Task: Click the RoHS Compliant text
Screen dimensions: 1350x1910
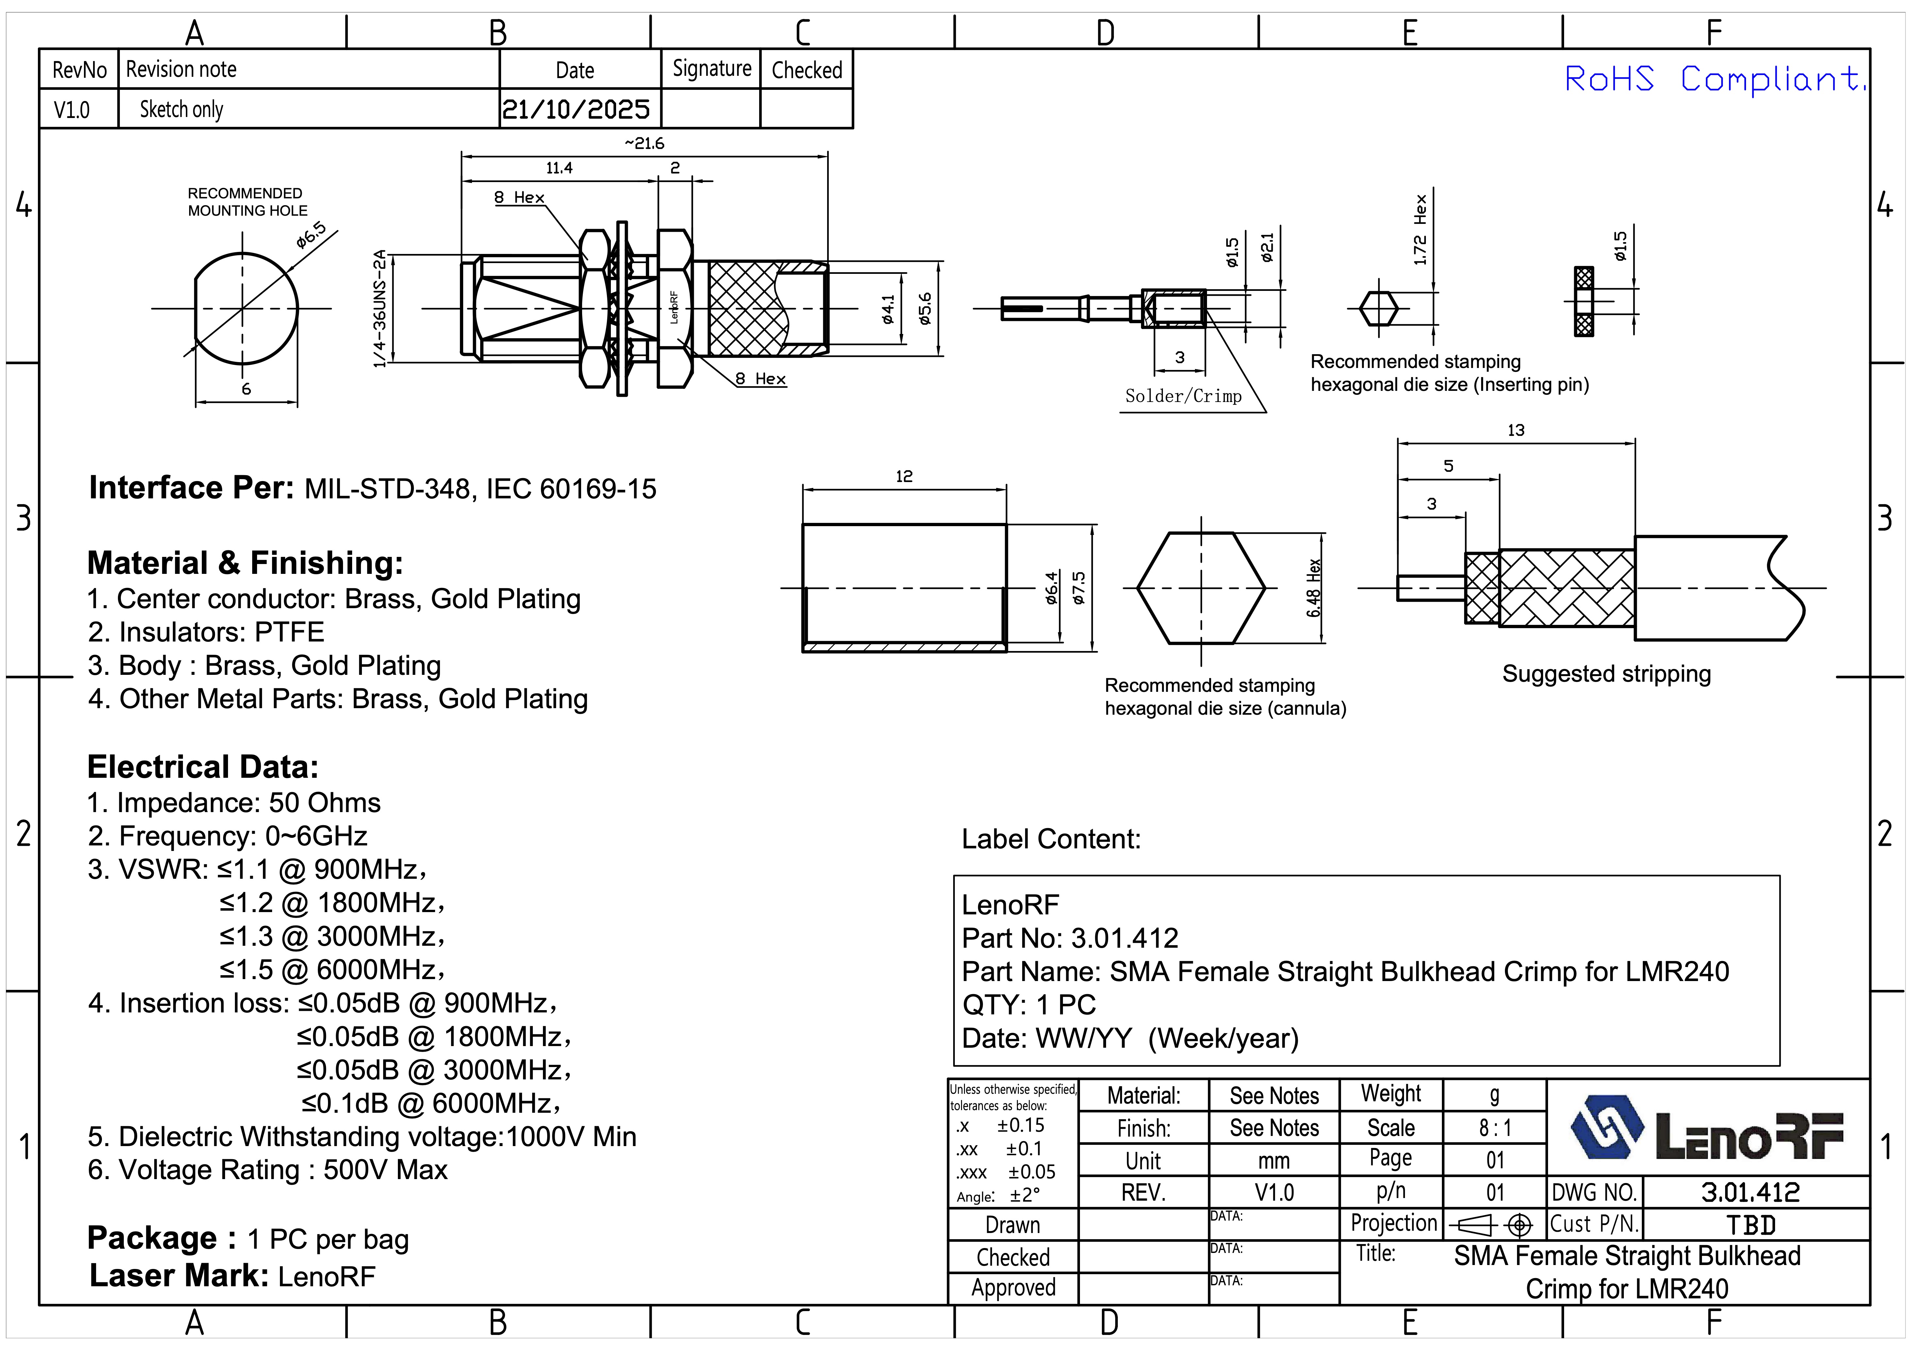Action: pyautogui.click(x=1714, y=80)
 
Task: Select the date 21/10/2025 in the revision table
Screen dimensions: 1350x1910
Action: pyautogui.click(x=576, y=109)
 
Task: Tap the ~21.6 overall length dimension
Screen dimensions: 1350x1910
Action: pyautogui.click(x=645, y=143)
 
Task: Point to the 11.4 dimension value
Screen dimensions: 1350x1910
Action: pyautogui.click(x=559, y=168)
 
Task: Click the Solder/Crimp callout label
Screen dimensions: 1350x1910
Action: pyautogui.click(x=1183, y=396)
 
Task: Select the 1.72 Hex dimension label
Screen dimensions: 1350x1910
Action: pyautogui.click(x=1420, y=230)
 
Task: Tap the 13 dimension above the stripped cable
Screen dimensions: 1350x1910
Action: pyautogui.click(x=1516, y=430)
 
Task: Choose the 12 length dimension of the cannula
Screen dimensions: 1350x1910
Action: pyautogui.click(x=904, y=476)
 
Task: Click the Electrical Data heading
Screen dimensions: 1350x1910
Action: pyautogui.click(x=203, y=767)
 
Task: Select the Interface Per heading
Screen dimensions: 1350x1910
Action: pyautogui.click(x=191, y=488)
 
